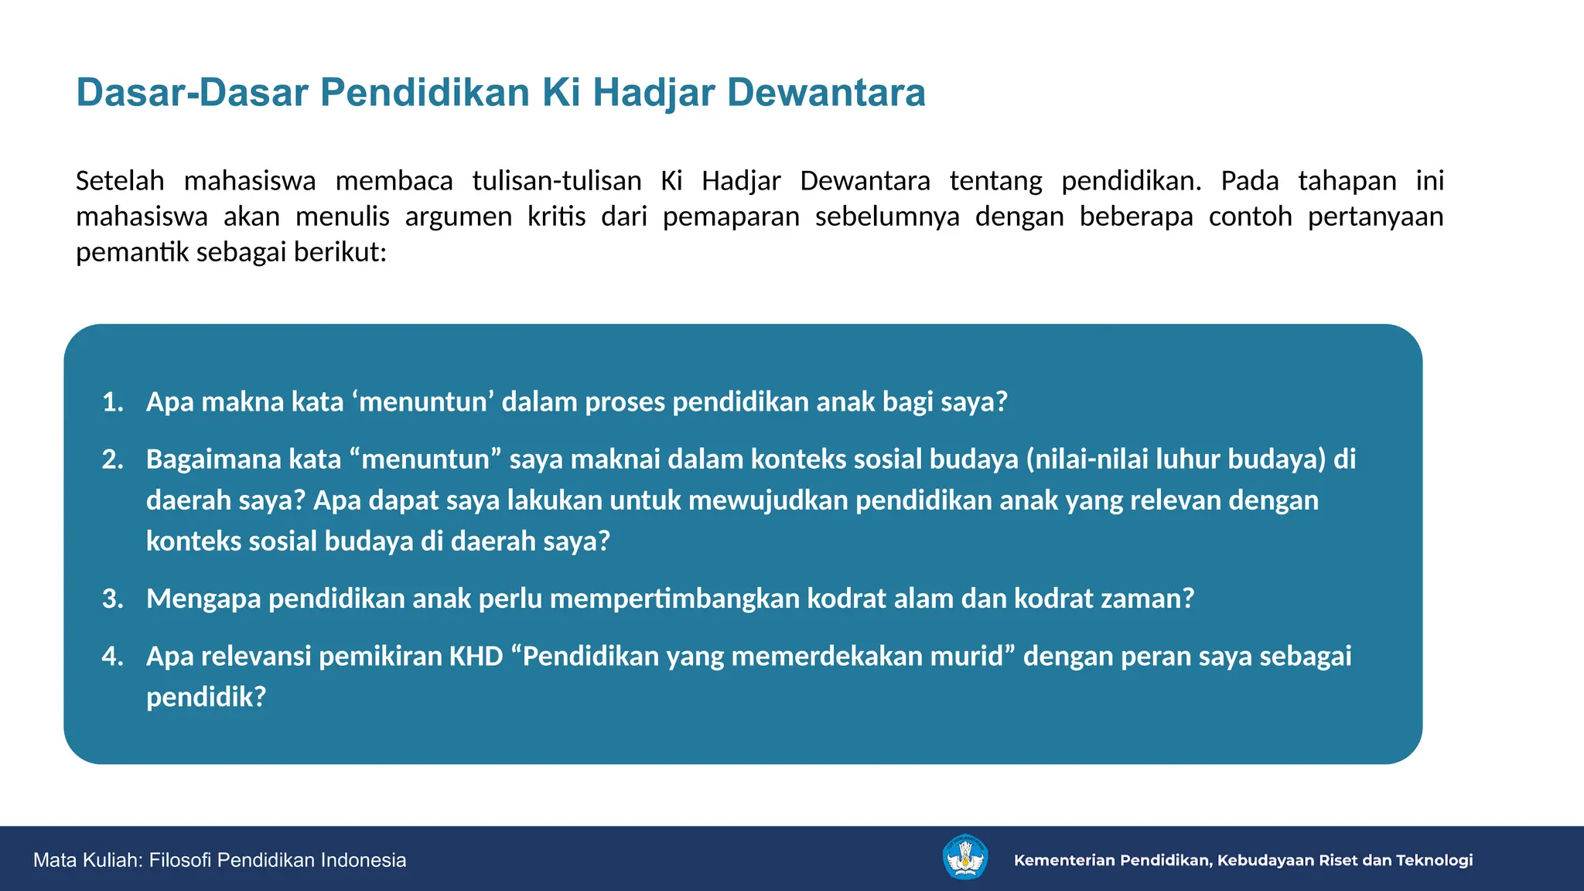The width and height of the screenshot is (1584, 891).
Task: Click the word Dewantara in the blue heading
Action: (825, 92)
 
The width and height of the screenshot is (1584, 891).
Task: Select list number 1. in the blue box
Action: (113, 402)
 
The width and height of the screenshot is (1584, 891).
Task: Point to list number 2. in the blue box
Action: (113, 459)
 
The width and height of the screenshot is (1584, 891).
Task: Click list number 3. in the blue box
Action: (113, 599)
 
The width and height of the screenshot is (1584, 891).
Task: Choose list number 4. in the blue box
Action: (113, 656)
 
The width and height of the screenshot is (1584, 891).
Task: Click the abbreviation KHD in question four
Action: (476, 656)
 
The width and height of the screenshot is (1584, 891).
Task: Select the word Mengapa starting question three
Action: (203, 599)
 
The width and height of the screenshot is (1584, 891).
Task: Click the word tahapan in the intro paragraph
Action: (1347, 181)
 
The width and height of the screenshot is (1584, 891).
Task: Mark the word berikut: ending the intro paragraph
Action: (340, 252)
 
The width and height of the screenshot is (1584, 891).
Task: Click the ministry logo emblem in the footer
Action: (965, 858)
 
